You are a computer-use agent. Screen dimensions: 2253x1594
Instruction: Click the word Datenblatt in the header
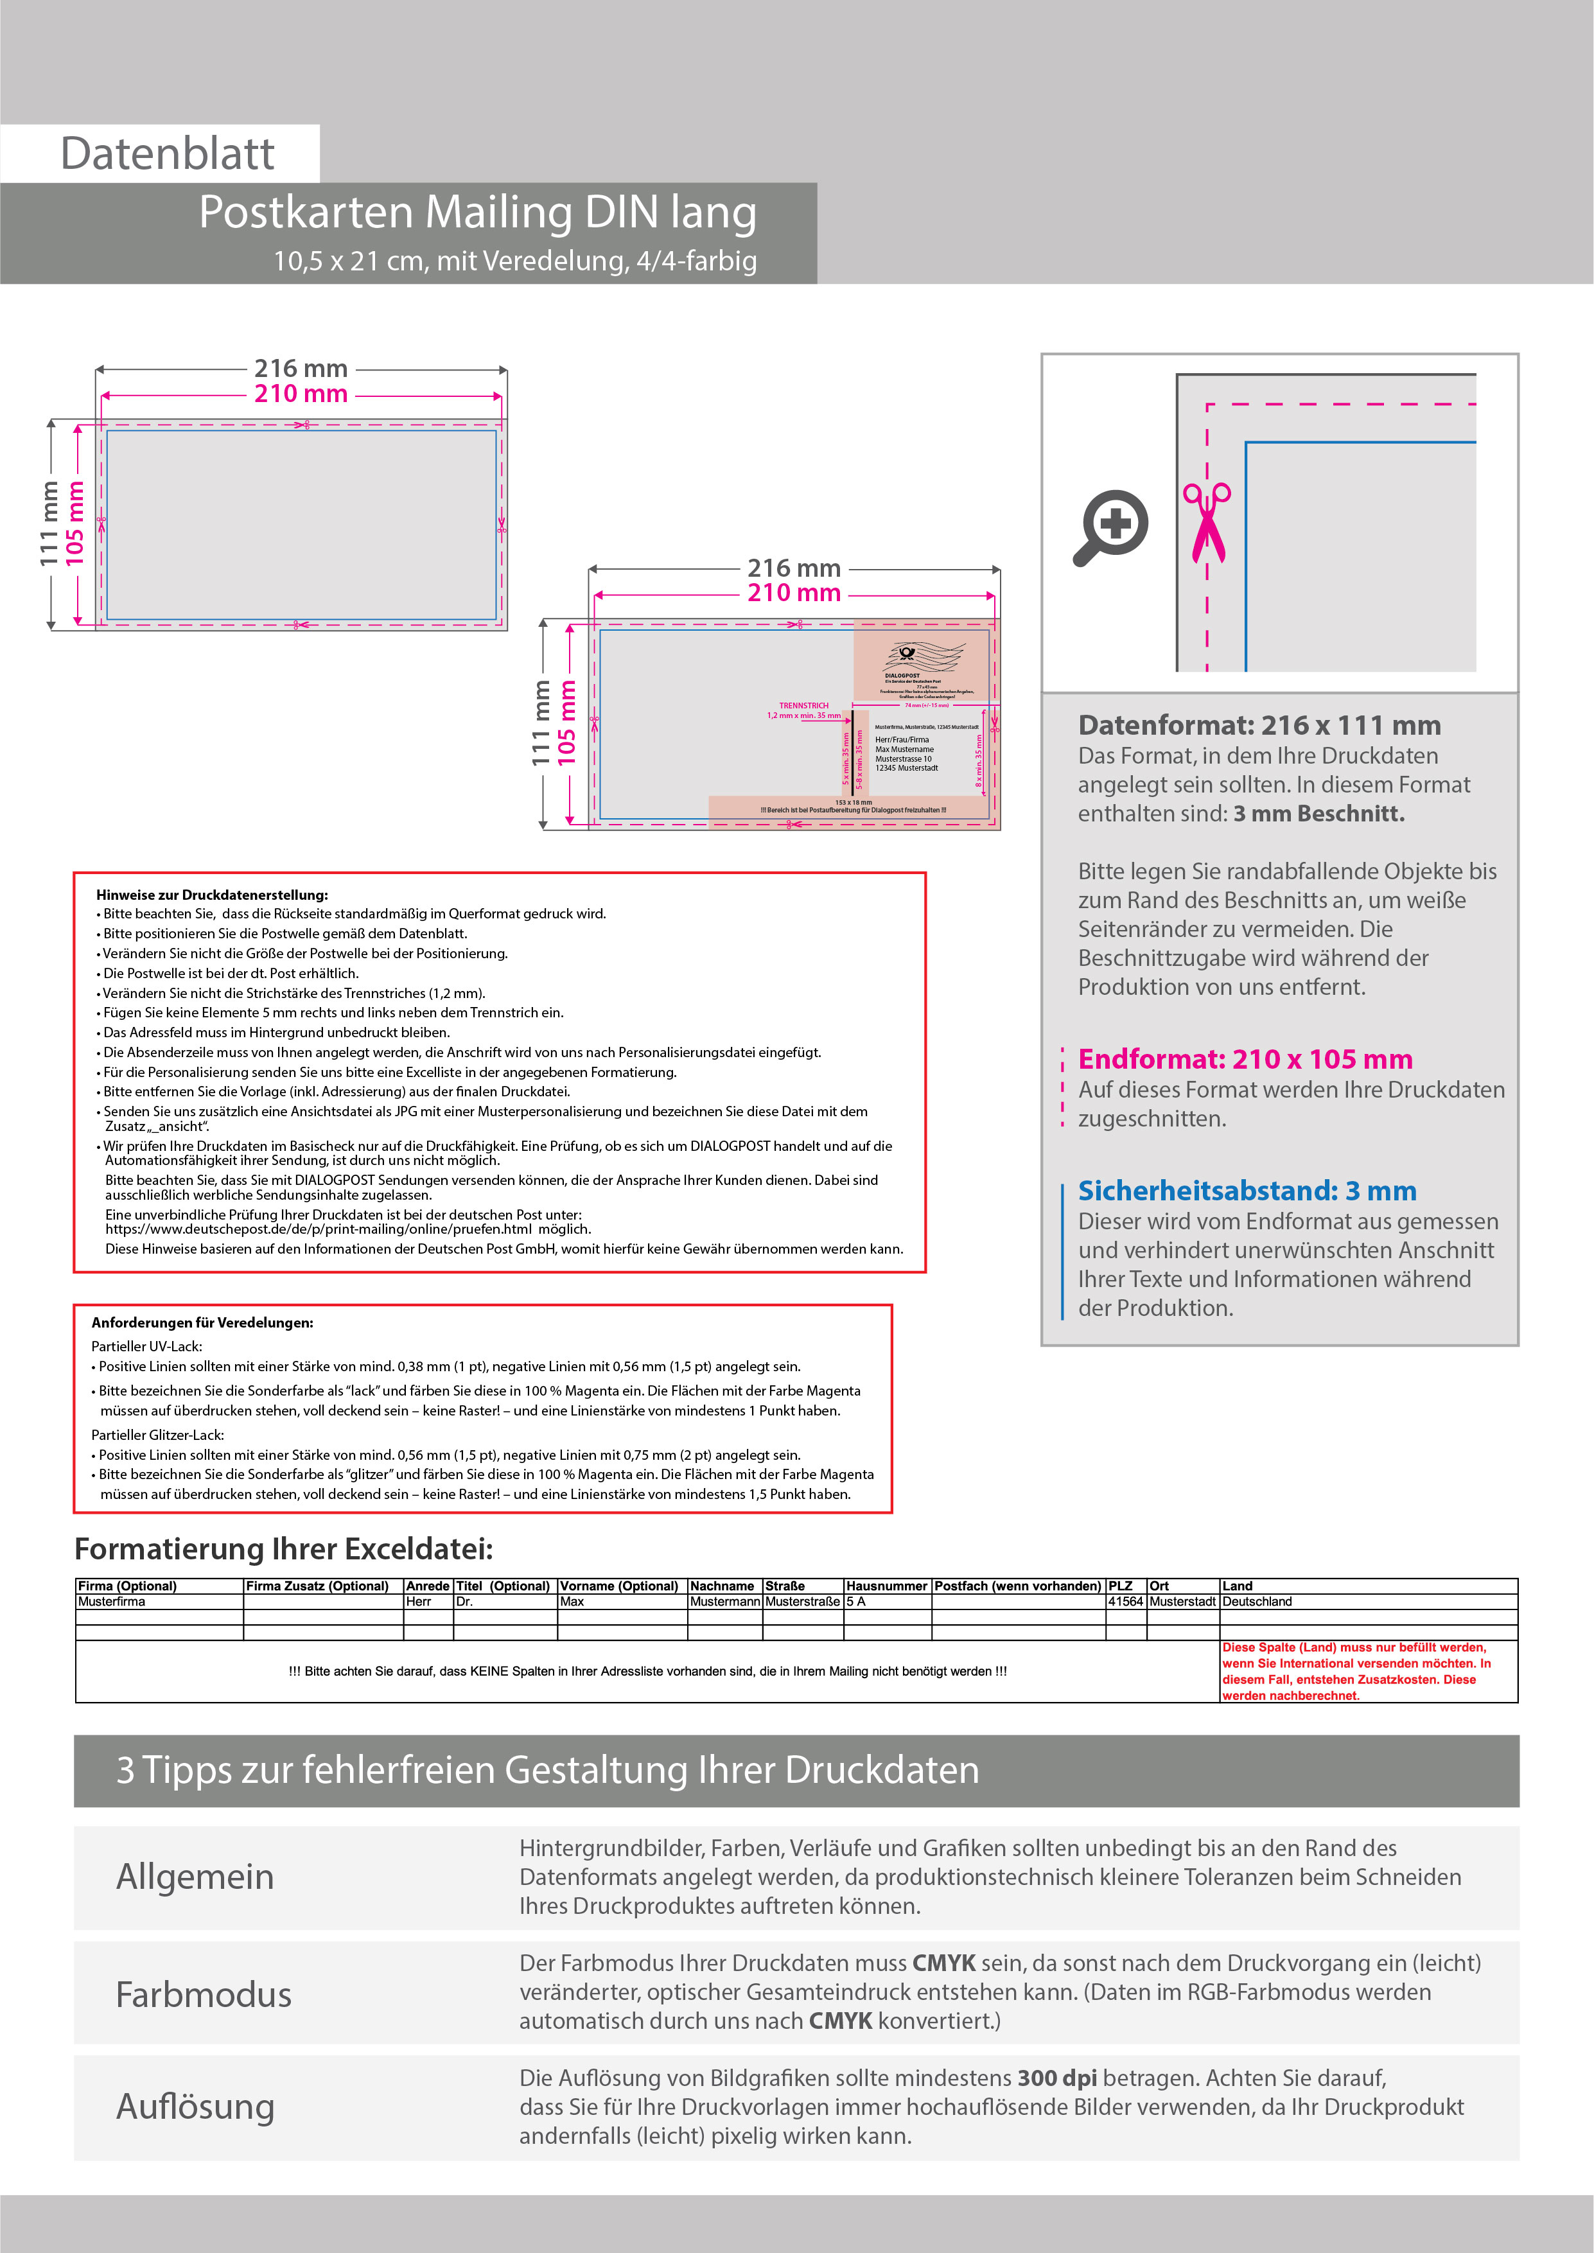pos(167,154)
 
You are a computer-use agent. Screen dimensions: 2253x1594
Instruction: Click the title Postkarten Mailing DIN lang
pos(477,212)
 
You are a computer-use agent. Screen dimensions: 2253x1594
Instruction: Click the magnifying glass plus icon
pos(1111,527)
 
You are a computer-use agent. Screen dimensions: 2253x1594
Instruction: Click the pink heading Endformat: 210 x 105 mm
pos(1245,1059)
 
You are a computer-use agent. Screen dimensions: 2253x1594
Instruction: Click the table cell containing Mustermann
pos(724,1601)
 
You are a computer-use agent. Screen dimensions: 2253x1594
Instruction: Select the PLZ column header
pos(1120,1586)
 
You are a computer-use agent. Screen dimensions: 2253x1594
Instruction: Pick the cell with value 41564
pos(1125,1601)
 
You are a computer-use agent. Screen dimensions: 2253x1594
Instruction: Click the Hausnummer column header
pos(886,1586)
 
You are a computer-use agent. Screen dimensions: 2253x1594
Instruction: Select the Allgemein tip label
pos(195,1876)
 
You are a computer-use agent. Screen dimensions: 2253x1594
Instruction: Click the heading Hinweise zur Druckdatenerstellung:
pos(212,895)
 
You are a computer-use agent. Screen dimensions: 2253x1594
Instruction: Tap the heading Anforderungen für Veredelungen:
pos(202,1323)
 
